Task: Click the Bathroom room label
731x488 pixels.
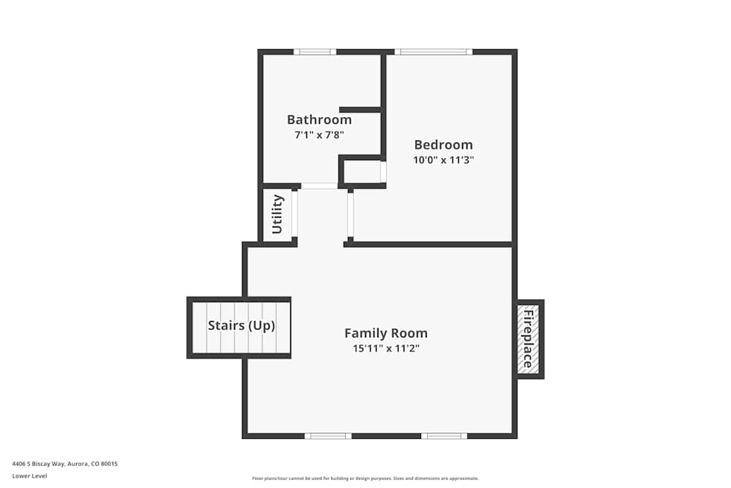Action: click(x=319, y=119)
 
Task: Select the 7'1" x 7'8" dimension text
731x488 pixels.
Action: click(x=319, y=135)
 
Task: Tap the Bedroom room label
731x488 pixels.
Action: click(x=443, y=144)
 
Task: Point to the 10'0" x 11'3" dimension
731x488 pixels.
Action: click(x=444, y=159)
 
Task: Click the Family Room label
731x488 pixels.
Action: click(x=386, y=333)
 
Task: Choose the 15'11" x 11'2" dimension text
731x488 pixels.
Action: click(x=386, y=348)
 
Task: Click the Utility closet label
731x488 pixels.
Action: click(x=278, y=214)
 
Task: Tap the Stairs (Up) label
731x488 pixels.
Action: click(x=241, y=326)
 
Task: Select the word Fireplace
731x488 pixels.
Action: click(x=527, y=339)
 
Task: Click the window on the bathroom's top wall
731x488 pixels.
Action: click(x=315, y=52)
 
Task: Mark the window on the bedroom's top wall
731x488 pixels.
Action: click(x=433, y=52)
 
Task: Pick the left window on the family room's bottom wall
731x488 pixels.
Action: click(x=328, y=436)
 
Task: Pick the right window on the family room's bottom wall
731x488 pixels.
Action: click(x=444, y=436)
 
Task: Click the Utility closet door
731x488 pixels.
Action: click(x=295, y=214)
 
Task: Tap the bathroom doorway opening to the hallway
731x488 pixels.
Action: click(x=319, y=186)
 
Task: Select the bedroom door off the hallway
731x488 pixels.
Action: click(x=350, y=214)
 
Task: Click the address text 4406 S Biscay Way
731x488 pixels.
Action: click(x=65, y=463)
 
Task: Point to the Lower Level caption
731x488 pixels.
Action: click(x=29, y=476)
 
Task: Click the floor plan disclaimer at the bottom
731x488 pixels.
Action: click(x=365, y=478)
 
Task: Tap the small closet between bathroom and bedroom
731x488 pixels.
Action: click(x=363, y=172)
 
